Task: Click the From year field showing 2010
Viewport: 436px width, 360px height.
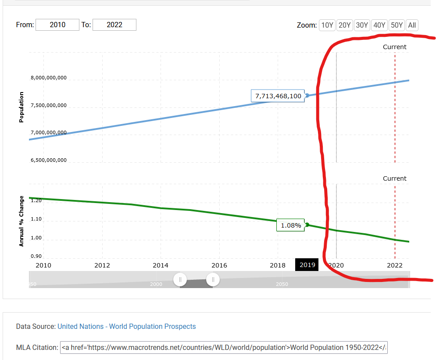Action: [57, 25]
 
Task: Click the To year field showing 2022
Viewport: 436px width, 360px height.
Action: [114, 25]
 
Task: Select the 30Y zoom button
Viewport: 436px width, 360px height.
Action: [362, 25]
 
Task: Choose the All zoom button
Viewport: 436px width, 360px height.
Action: [412, 25]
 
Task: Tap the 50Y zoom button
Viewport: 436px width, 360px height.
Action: [397, 25]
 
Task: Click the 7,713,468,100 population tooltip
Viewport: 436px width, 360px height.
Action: [278, 96]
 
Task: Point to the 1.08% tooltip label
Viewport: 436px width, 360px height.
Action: [291, 225]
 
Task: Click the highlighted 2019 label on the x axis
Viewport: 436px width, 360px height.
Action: [307, 265]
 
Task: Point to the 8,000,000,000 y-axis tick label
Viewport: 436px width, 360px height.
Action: [49, 78]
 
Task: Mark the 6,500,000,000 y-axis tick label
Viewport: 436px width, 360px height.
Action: [49, 160]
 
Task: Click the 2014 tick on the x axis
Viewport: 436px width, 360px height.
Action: [161, 265]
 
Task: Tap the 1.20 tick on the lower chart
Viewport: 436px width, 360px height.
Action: [36, 200]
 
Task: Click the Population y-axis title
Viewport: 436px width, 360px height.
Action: [21, 107]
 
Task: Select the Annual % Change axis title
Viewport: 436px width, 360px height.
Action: [21, 221]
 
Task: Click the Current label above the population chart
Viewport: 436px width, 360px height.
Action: [394, 47]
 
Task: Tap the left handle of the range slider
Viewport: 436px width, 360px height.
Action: [180, 279]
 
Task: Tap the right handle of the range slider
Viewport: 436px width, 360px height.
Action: [213, 279]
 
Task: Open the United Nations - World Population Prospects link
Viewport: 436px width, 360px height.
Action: [127, 326]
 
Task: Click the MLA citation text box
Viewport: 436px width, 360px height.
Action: [224, 347]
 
